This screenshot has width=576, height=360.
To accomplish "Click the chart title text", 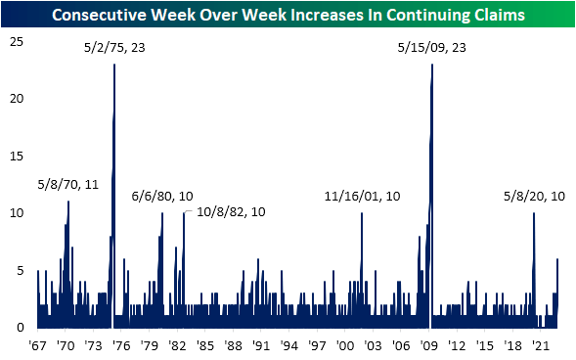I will coord(288,15).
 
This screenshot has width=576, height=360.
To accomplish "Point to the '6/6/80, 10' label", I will coord(162,196).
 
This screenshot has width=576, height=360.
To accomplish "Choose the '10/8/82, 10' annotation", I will coord(231,211).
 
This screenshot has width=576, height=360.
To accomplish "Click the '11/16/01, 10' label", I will coord(363,196).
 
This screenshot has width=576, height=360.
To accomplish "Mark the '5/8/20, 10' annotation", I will coord(533,196).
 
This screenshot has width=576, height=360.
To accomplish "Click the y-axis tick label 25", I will coord(17,40).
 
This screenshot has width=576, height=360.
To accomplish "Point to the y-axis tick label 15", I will coord(17,155).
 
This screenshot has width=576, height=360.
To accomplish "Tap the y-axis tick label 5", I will coord(20,270).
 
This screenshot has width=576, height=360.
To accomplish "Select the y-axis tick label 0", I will coord(20,327).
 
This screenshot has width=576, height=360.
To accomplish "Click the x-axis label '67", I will coord(38,345).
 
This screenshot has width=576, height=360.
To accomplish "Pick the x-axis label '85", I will coord(205,345).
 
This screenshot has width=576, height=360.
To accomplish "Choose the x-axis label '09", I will coord(429,345).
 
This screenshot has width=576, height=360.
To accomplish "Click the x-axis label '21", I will coord(541,345).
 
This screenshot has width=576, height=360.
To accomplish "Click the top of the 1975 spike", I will coord(114,65).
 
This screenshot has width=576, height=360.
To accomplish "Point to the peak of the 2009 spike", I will coord(431,65).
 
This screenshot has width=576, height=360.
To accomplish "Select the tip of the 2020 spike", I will coord(533,213).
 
